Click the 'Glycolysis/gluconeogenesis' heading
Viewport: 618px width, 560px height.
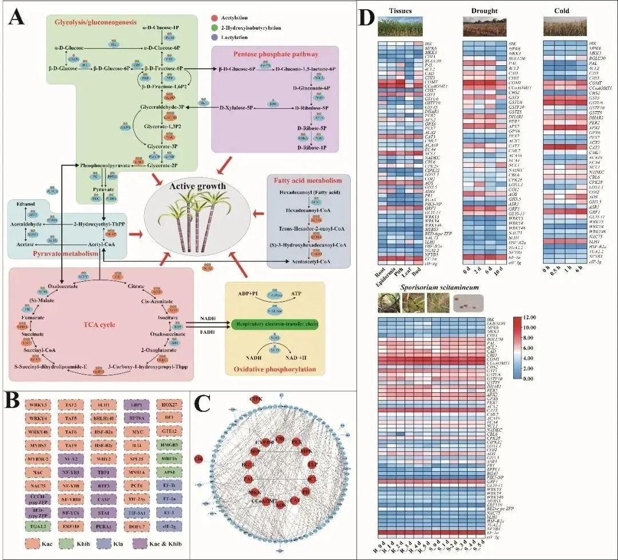coord(96,22)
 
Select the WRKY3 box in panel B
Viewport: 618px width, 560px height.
coord(37,405)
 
